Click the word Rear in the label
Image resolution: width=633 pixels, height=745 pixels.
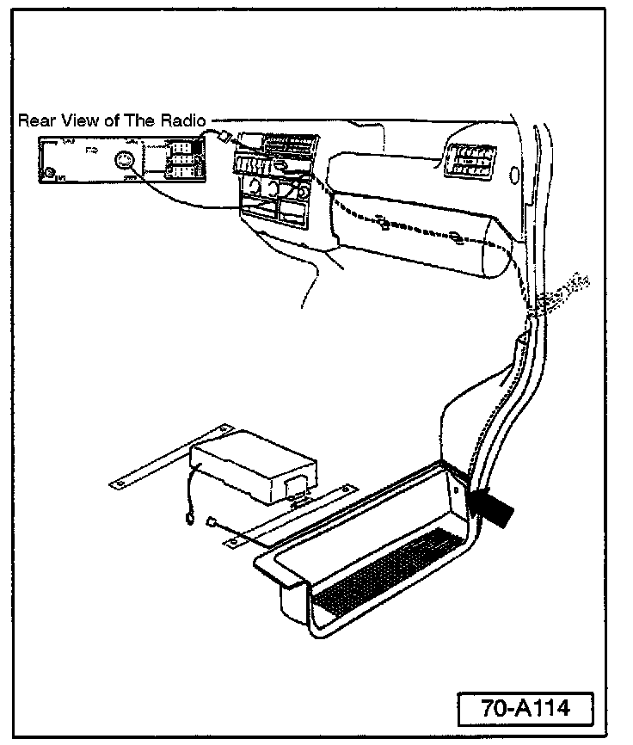coord(34,121)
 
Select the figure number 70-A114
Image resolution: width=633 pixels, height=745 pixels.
coord(526,710)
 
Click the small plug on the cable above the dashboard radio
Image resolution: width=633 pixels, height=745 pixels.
coord(222,135)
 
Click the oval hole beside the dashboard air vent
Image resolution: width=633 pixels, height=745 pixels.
coord(513,176)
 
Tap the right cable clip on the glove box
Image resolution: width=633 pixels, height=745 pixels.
coord(454,237)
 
